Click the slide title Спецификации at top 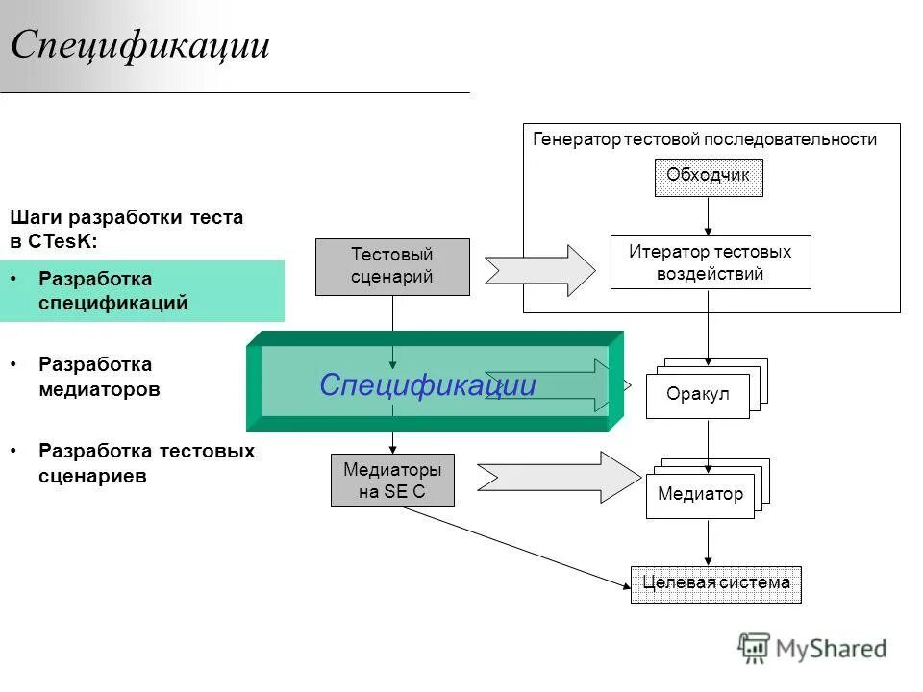coord(140,46)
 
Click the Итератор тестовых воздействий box coord(710,262)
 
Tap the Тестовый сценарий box coord(392,266)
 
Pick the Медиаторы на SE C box coord(392,481)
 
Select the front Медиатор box coord(700,495)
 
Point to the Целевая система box coord(715,583)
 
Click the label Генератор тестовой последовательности coord(705,139)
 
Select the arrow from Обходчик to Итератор coord(709,216)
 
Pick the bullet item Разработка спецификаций coord(113,290)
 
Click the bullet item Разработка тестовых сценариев coord(146,463)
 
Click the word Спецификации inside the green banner coord(427,385)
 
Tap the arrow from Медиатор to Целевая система coord(709,543)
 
